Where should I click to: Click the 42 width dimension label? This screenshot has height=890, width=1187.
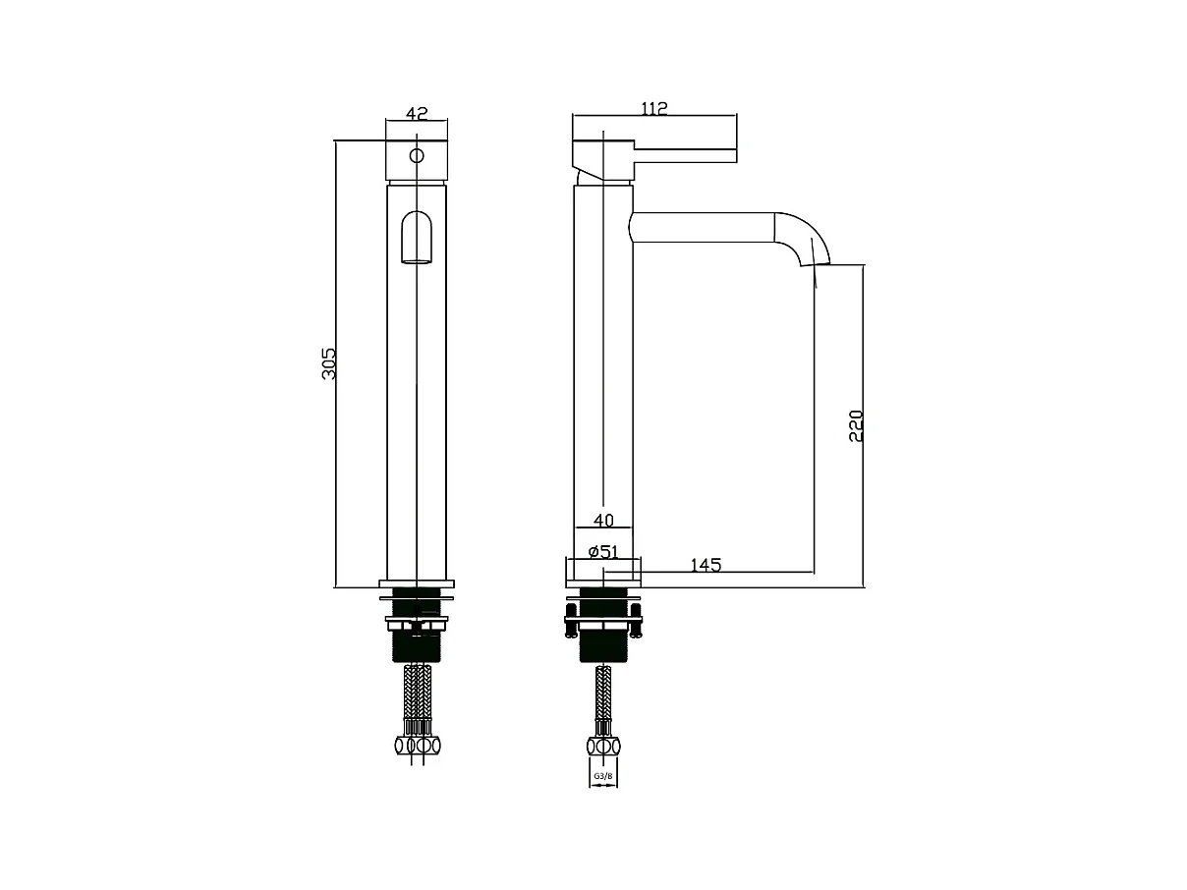click(417, 113)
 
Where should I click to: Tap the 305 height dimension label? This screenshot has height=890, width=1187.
click(329, 363)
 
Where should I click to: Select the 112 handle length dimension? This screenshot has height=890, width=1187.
click(654, 109)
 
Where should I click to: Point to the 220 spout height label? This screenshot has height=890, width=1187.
click(856, 426)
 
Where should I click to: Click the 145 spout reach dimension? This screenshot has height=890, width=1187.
click(706, 565)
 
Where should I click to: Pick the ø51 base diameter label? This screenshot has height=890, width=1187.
click(603, 552)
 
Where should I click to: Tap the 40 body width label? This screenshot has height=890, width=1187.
click(603, 521)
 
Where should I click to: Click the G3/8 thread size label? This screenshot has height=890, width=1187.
click(603, 776)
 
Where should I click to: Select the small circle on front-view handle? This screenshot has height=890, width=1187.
click(417, 155)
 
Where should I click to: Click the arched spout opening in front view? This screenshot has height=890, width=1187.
click(417, 237)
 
